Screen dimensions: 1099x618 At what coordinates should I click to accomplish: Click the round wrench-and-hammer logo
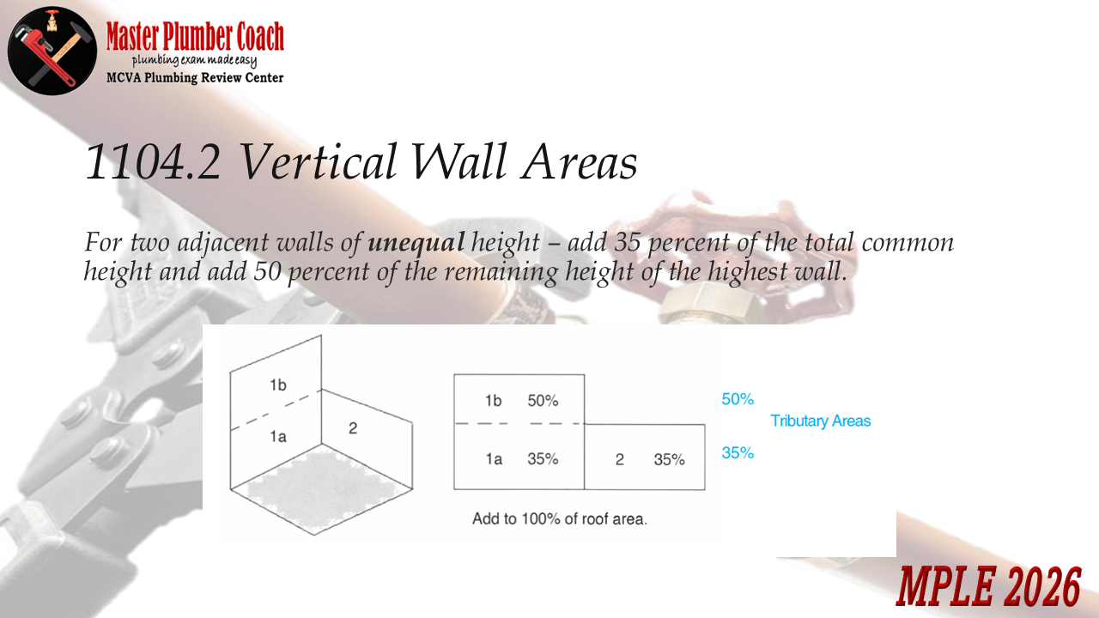pyautogui.click(x=52, y=51)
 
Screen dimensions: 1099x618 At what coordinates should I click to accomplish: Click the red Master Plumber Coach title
pyautogui.click(x=195, y=36)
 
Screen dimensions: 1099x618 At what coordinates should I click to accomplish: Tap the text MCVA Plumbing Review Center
pyautogui.click(x=195, y=78)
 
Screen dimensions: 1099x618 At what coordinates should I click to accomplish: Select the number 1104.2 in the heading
pyautogui.click(x=153, y=161)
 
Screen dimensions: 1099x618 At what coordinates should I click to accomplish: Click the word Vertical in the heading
pyautogui.click(x=318, y=161)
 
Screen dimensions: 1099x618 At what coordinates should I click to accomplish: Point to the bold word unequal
pyautogui.click(x=416, y=242)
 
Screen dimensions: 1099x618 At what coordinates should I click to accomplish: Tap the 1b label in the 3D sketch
pyautogui.click(x=278, y=385)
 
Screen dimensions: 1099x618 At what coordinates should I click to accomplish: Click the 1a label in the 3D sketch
pyautogui.click(x=278, y=437)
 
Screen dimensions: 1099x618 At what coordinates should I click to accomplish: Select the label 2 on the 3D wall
pyautogui.click(x=353, y=428)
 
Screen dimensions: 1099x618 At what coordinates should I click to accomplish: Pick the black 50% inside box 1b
pyautogui.click(x=543, y=401)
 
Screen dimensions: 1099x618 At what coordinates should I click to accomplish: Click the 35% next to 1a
pyautogui.click(x=543, y=458)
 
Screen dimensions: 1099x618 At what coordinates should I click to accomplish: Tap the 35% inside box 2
pyautogui.click(x=669, y=459)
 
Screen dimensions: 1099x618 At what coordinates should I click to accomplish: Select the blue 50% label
pyautogui.click(x=738, y=399)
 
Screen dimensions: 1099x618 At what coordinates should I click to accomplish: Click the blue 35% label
pyautogui.click(x=738, y=452)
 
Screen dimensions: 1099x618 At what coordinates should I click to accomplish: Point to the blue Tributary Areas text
pyautogui.click(x=820, y=421)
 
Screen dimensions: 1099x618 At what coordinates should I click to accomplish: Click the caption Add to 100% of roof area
pyautogui.click(x=560, y=519)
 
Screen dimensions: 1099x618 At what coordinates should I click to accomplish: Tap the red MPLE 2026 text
pyautogui.click(x=988, y=585)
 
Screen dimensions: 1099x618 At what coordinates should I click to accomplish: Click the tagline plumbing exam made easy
pyautogui.click(x=194, y=61)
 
